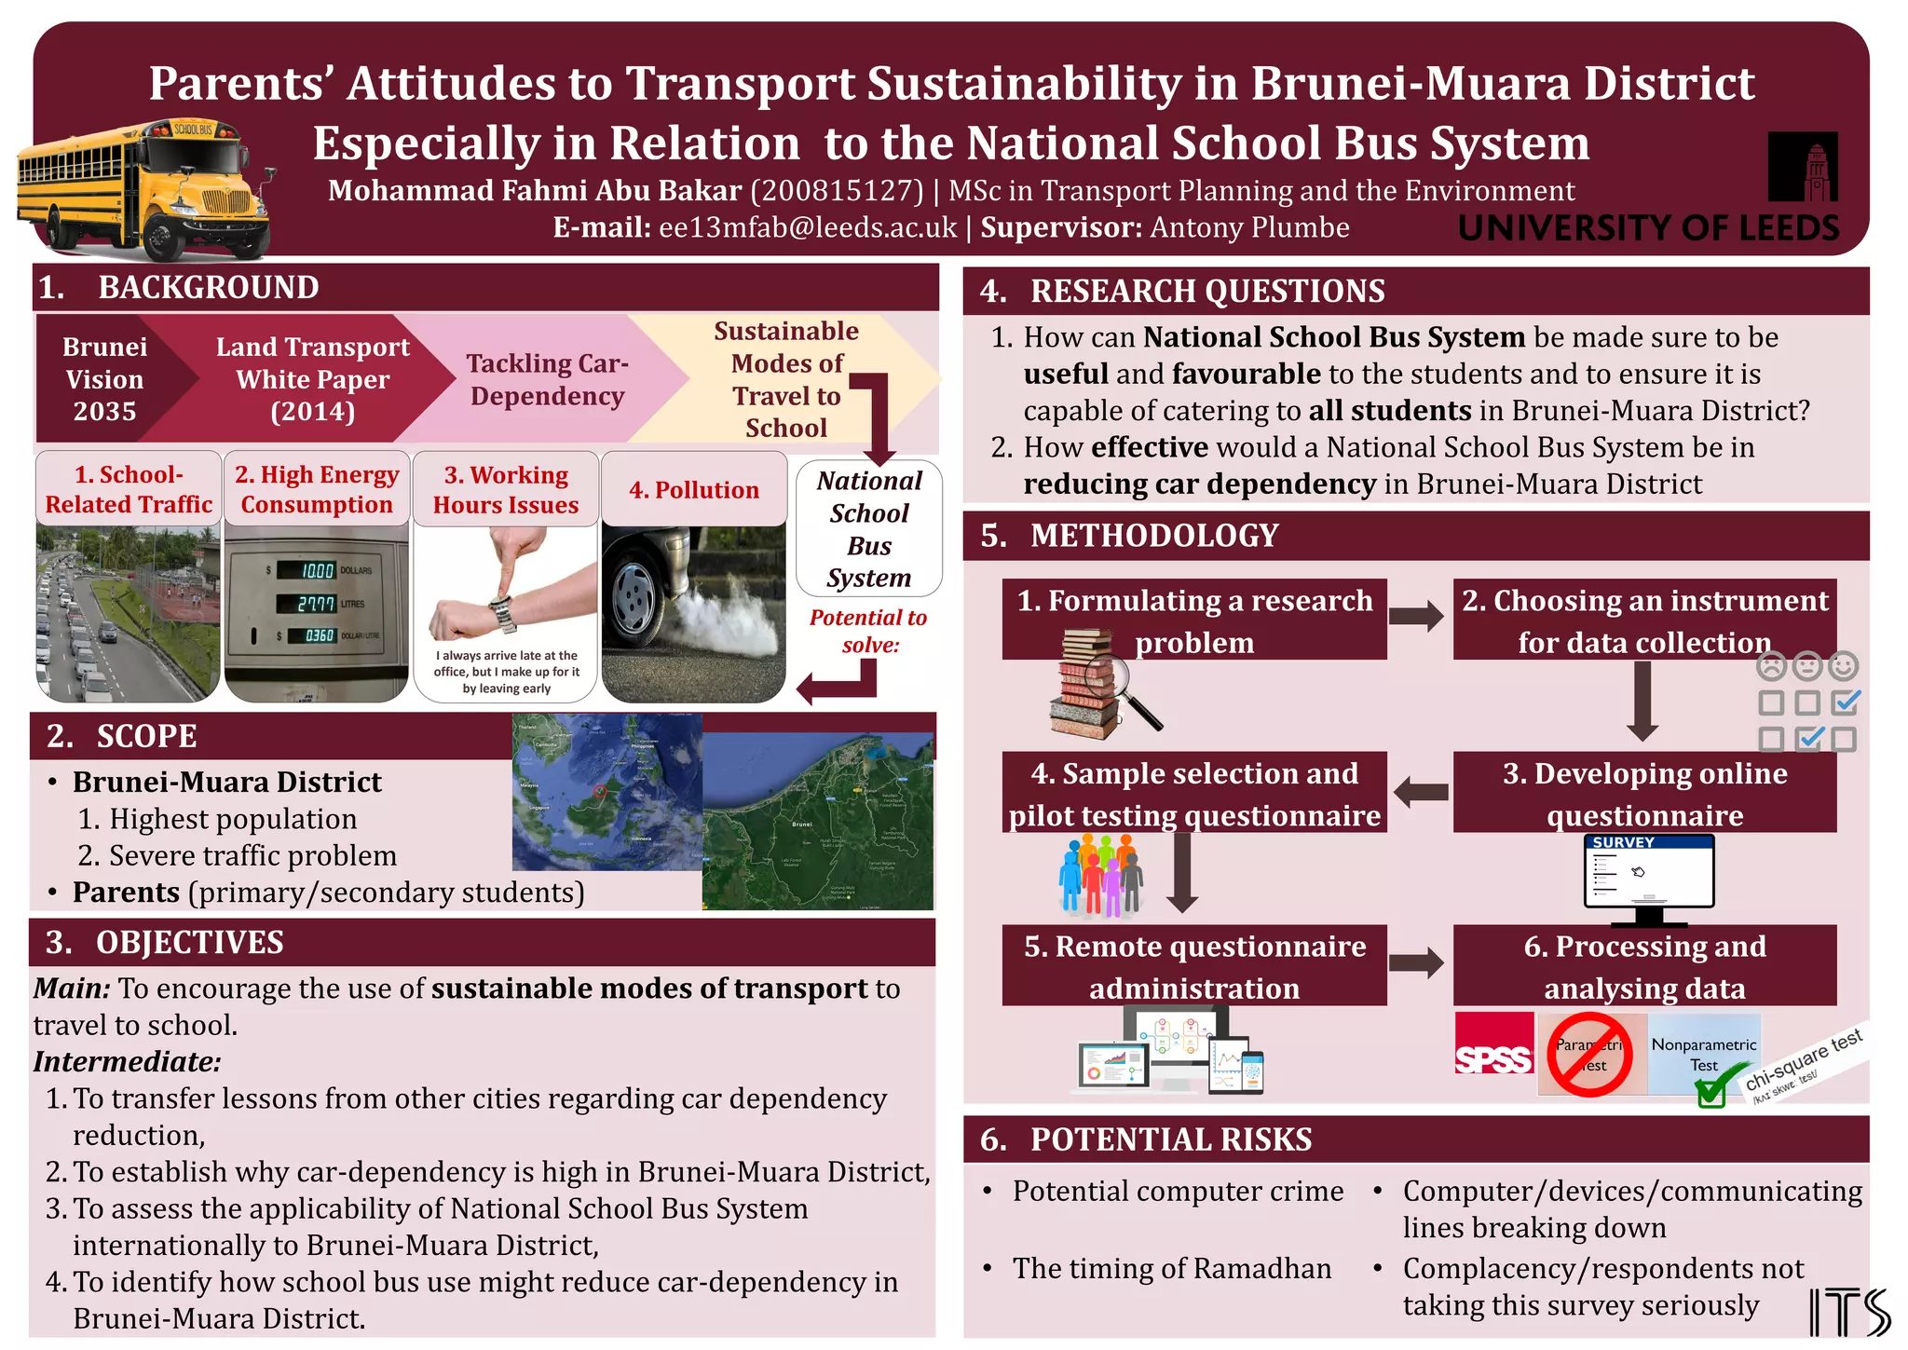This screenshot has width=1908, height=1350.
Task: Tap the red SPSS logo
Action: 1493,1055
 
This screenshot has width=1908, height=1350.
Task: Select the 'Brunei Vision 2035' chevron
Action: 105,379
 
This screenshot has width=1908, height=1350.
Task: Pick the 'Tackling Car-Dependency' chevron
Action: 548,379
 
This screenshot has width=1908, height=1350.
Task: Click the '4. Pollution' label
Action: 694,490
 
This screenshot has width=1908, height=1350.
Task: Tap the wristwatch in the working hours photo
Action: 502,610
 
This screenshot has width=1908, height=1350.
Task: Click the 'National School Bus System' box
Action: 869,528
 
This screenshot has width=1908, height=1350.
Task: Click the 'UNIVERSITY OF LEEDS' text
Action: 1648,228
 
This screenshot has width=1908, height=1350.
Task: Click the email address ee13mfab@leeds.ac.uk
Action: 808,228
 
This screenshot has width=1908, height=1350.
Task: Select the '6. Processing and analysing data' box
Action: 1644,966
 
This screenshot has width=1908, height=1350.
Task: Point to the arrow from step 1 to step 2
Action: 1416,617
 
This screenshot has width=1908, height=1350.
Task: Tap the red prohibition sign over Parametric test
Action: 1589,1055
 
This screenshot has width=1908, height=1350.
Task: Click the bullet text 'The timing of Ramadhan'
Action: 1172,1269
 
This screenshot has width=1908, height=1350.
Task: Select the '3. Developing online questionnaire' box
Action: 1644,794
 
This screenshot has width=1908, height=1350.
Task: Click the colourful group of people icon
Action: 1101,874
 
